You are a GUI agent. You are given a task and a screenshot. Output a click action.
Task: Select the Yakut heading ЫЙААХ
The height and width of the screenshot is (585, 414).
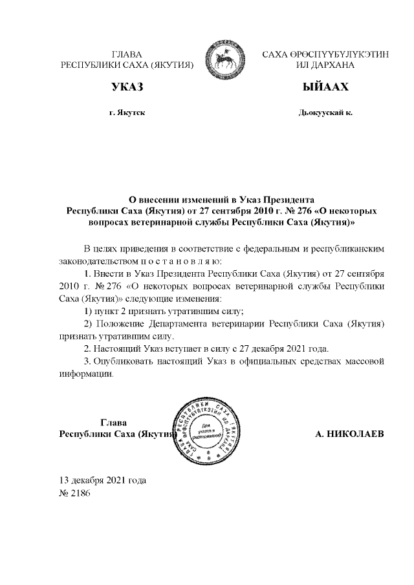click(325, 87)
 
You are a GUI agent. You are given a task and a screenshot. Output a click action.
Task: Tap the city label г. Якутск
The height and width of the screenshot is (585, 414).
click(127, 112)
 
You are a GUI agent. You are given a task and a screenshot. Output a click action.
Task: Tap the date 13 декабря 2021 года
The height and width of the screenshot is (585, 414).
click(103, 480)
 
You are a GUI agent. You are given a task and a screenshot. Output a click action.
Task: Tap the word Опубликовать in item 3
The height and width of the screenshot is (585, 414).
click(123, 360)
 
